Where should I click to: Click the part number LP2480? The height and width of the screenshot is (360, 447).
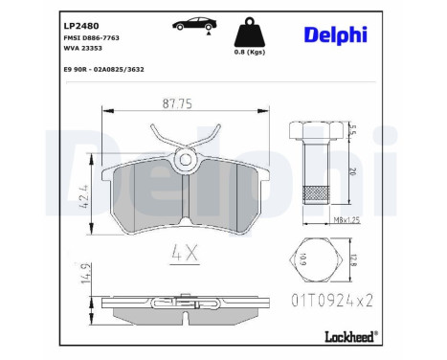[x=81, y=26]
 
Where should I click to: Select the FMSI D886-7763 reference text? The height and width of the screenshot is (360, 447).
[x=92, y=38]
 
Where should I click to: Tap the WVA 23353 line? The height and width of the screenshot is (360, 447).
[x=83, y=48]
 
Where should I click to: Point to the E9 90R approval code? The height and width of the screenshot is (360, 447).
[x=103, y=69]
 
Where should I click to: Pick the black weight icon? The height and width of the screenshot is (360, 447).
[x=250, y=34]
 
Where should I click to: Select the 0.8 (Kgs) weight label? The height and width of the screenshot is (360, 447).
[x=250, y=52]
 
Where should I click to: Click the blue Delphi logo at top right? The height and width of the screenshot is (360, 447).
[x=336, y=35]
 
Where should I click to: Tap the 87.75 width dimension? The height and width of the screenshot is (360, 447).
[x=177, y=103]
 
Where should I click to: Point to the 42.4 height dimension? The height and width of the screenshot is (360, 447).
[x=84, y=195]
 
